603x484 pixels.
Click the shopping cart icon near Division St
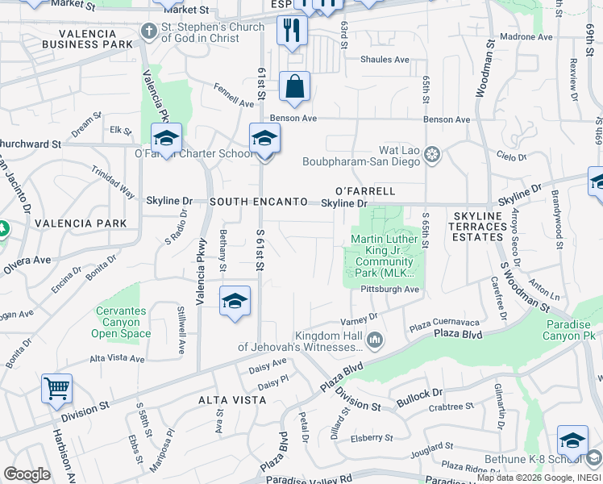[57, 389]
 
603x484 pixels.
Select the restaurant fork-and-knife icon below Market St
[292, 31]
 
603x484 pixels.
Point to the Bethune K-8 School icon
[572, 440]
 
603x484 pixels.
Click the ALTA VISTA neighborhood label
[232, 400]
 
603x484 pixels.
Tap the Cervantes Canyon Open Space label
[123, 322]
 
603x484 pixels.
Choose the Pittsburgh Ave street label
[390, 289]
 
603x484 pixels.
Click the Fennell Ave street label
[235, 98]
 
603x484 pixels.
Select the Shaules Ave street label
[385, 60]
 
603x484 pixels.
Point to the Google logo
[27, 474]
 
